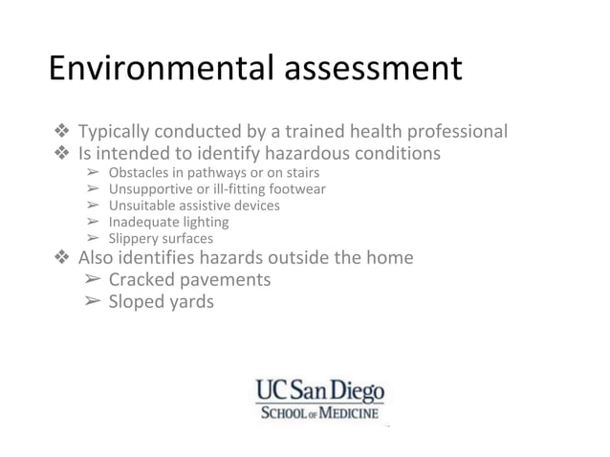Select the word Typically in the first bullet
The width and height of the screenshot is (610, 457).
click(x=115, y=131)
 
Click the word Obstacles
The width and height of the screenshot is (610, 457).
click(x=139, y=173)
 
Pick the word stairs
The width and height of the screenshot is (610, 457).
click(x=300, y=173)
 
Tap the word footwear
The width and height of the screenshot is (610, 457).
click(x=296, y=189)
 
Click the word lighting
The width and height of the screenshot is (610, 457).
click(x=207, y=222)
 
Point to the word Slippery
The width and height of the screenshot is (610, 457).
click(x=133, y=238)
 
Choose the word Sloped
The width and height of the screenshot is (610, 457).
click(x=138, y=302)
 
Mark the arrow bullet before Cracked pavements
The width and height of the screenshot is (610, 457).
click(x=92, y=280)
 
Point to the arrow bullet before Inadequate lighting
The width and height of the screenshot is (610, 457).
click(x=92, y=222)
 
